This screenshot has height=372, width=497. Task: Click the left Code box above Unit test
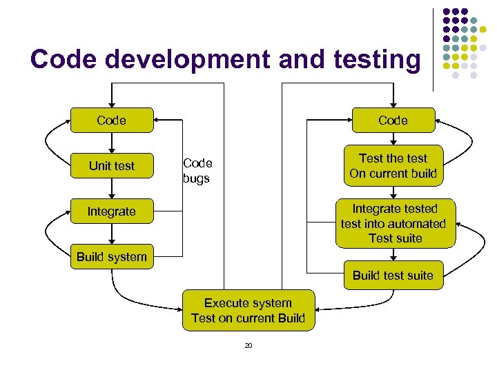coord(111,120)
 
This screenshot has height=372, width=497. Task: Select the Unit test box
coord(111,165)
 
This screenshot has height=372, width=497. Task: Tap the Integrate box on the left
coord(111,211)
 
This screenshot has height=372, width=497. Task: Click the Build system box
coord(111,257)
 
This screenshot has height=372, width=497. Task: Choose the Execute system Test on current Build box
coord(248,310)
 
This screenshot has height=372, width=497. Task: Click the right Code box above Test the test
coord(393,120)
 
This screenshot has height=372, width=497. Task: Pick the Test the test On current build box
coord(393,165)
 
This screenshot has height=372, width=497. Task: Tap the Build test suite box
coord(393,276)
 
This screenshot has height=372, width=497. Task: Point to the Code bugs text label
coord(197,171)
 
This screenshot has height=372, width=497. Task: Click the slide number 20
coord(248,345)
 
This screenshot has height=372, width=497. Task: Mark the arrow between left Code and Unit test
coord(112,143)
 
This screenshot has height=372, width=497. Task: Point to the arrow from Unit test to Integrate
coord(112,188)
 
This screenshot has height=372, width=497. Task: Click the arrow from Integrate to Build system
coord(112,234)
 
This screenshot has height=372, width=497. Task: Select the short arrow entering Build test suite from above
coord(393,255)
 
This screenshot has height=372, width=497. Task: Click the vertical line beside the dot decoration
coord(433,48)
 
